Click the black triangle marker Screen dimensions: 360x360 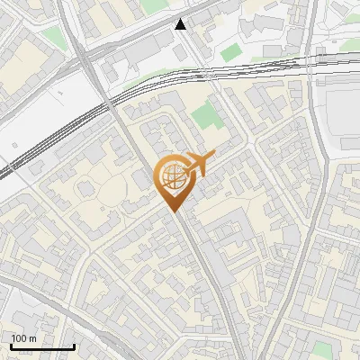click(x=181, y=24)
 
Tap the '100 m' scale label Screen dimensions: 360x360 click(x=24, y=338)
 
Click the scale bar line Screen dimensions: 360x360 click(x=42, y=346)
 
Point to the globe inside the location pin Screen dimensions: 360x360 click(x=172, y=177)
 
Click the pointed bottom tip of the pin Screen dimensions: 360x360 click(x=174, y=211)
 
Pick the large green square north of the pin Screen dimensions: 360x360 click(x=205, y=114)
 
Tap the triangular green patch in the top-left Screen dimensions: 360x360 click(x=55, y=38)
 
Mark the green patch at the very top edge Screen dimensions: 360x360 click(x=154, y=5)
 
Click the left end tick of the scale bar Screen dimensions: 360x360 click(x=11, y=346)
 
